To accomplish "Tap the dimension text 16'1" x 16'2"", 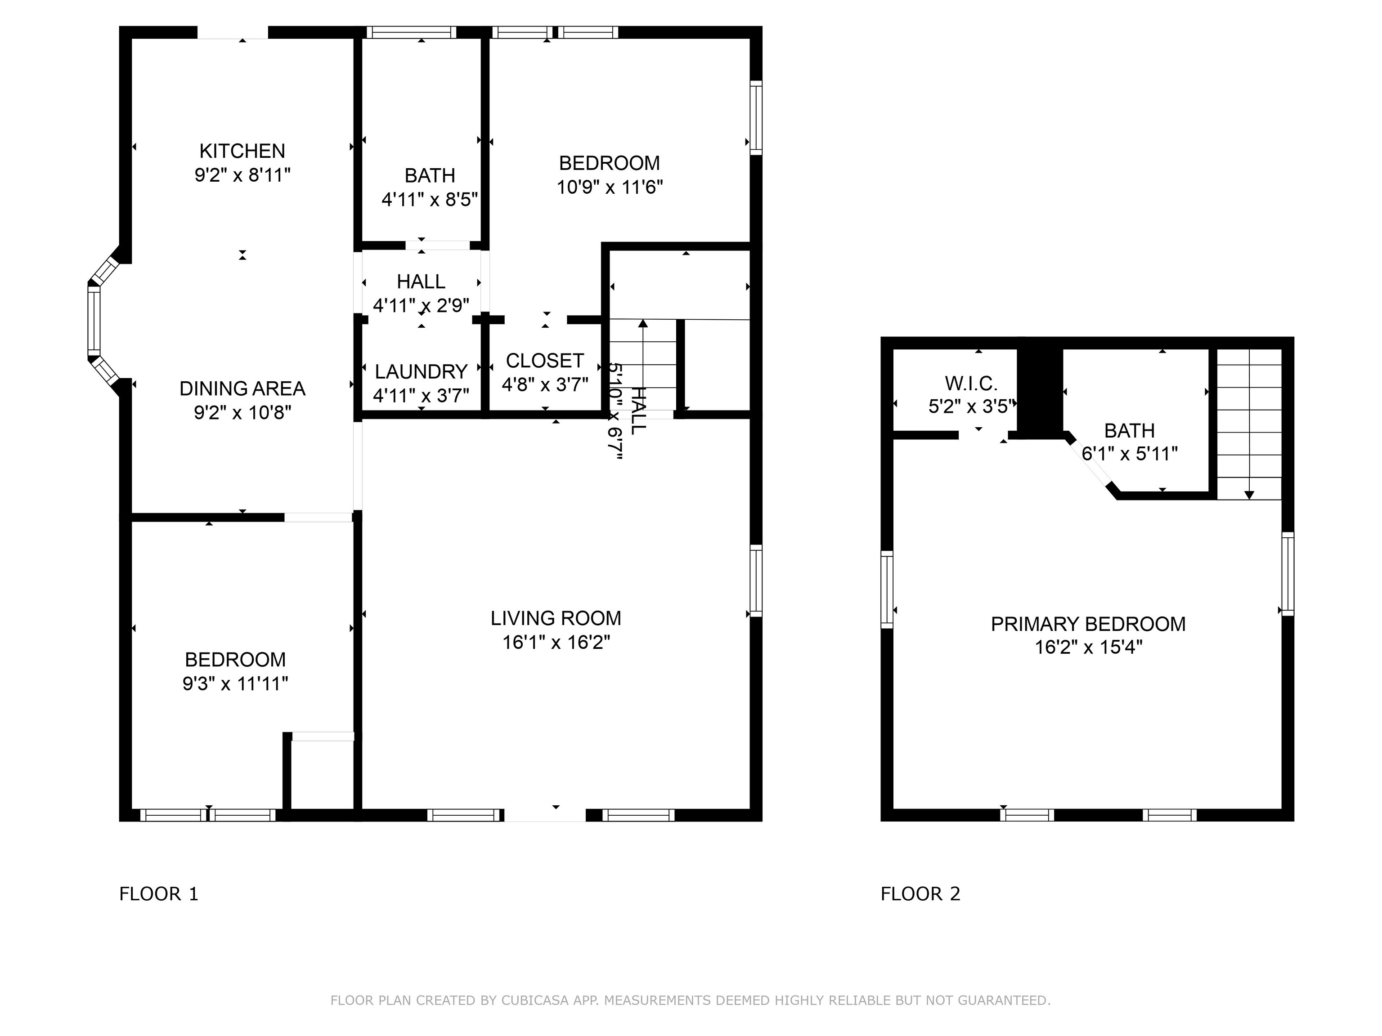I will coord(556,642).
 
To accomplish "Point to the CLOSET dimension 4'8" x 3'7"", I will coord(545,384).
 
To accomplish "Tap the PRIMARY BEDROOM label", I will coord(1088,624).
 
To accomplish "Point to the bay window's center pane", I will coord(94,320).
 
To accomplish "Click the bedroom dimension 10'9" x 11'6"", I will coord(609,187).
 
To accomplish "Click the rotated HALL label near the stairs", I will coord(638,410).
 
